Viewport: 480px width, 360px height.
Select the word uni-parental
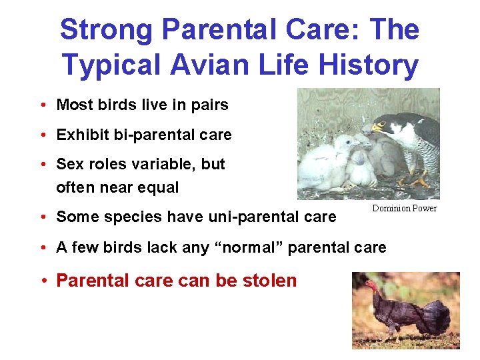tap(239, 217)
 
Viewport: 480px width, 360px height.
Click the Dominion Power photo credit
tap(404, 209)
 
